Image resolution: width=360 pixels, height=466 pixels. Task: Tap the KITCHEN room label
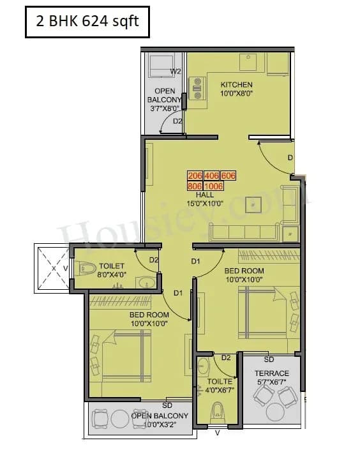(236, 84)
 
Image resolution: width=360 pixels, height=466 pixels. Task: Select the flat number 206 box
(195, 176)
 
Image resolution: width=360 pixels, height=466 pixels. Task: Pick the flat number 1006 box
(213, 186)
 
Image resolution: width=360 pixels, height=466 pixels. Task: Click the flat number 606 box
(228, 176)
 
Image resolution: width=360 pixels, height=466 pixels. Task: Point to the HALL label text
(205, 195)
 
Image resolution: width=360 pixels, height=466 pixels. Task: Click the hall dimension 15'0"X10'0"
(205, 204)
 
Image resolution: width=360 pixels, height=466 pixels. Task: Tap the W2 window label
(176, 71)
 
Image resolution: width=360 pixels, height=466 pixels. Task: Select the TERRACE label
(272, 373)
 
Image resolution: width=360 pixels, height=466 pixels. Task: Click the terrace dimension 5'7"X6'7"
(272, 382)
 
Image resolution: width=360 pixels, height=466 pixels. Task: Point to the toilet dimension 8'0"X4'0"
(112, 275)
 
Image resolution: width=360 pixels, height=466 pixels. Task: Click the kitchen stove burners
(197, 91)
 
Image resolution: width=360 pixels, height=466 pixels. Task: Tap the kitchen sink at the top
(248, 63)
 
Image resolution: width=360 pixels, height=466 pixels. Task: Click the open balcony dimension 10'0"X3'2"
(160, 425)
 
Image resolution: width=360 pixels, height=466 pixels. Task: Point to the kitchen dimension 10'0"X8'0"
(236, 94)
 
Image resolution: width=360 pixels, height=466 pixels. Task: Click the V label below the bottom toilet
(218, 433)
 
